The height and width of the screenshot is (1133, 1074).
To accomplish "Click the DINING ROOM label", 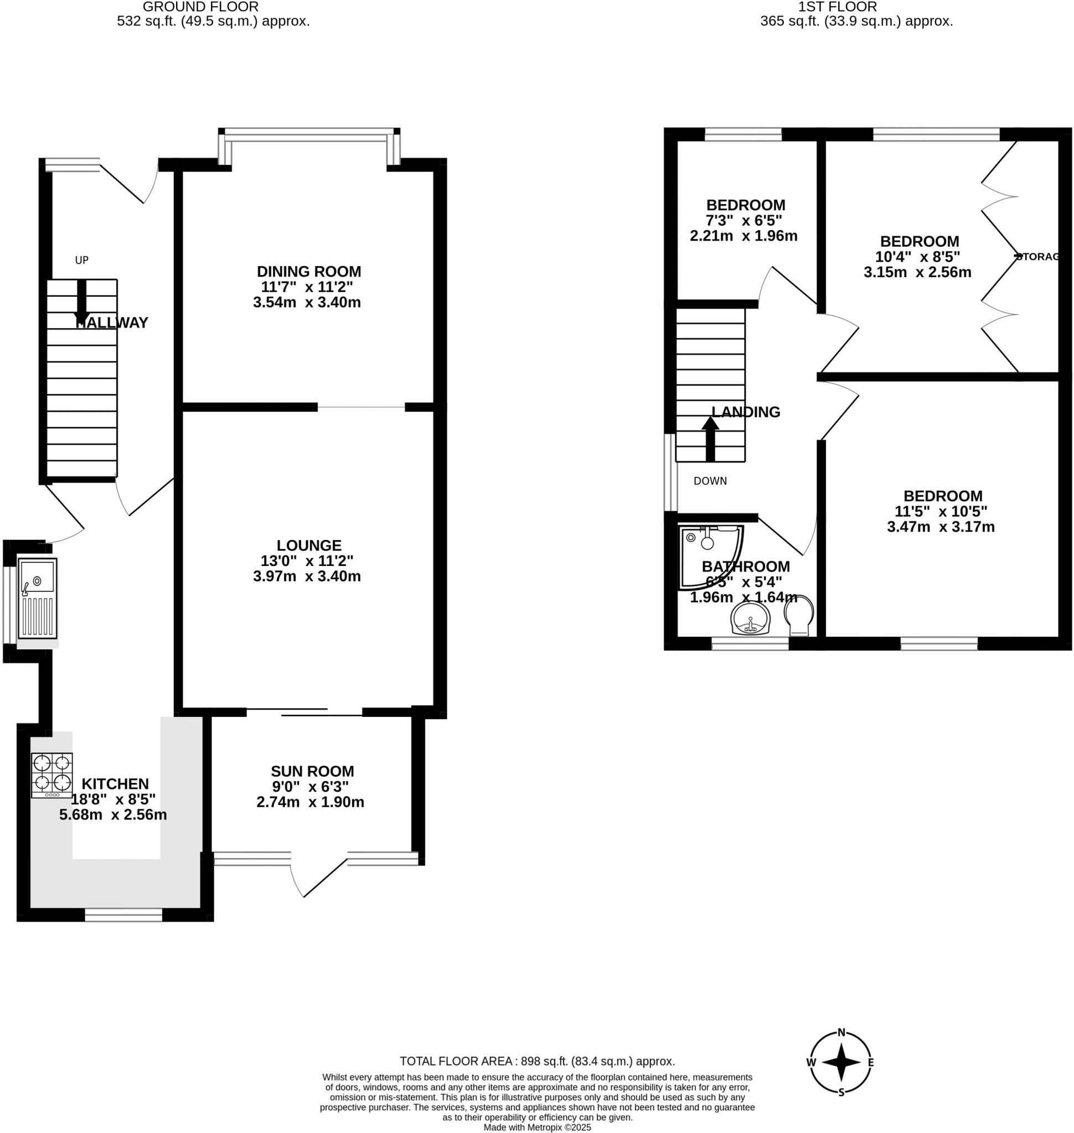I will coord(308,271).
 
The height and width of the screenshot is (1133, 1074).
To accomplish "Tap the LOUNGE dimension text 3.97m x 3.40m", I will coord(307,576).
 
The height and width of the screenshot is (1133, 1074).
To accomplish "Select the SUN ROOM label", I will coord(312,771).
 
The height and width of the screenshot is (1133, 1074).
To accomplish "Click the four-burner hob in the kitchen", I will coord(52,775).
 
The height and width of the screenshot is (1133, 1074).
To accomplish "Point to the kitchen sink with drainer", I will coord(37,598).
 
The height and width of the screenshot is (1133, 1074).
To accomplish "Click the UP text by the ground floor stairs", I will coord(82,261).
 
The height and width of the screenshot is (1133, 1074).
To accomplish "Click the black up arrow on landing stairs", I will coord(710,438).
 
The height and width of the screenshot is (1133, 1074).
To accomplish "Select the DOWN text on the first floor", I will coord(710,481).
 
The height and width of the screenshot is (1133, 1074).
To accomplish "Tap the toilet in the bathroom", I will coord(799,616).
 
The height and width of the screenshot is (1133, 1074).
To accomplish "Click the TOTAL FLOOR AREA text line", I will coord(537,1062).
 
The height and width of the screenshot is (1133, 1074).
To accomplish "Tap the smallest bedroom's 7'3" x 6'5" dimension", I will coord(743,220).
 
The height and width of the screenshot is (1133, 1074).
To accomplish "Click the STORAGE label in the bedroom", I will coord(1037,257).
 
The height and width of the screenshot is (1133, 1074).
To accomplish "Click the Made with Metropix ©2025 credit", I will coord(537,1127).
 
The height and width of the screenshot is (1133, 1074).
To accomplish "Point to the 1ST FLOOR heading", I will coord(838,7).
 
